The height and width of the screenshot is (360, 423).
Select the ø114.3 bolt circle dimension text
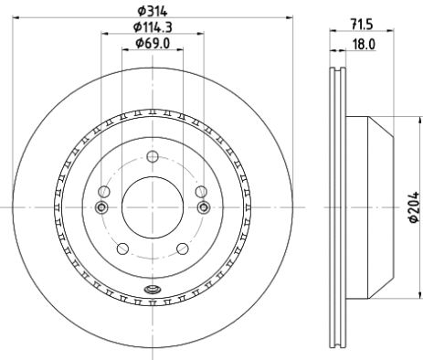[x=152, y=26]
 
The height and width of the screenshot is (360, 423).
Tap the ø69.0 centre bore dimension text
[x=152, y=43]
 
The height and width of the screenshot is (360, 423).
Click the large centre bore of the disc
[x=152, y=207]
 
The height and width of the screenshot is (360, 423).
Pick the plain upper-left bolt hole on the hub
[x=102, y=191]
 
